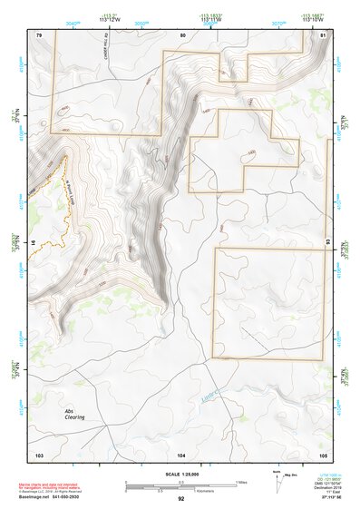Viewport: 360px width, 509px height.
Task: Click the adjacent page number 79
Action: click(x=39, y=34)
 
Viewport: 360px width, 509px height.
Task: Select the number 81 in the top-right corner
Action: click(x=324, y=34)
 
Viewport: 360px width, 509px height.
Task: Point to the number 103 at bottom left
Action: click(x=39, y=454)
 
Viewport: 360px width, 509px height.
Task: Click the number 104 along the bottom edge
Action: click(x=181, y=454)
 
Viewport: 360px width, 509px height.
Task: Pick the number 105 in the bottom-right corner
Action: click(x=323, y=454)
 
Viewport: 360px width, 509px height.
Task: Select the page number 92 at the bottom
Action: click(x=180, y=499)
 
